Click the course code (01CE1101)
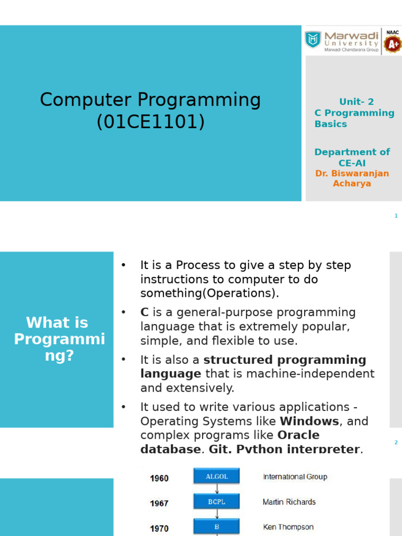(x=151, y=121)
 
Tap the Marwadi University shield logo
(x=313, y=39)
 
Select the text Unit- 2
(x=356, y=102)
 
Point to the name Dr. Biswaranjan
(x=352, y=173)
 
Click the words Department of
(x=352, y=152)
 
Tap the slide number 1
(x=396, y=216)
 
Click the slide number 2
(x=396, y=443)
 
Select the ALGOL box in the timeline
(x=217, y=476)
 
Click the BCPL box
(x=217, y=502)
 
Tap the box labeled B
(x=217, y=527)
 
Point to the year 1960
(x=159, y=478)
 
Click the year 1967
(x=159, y=503)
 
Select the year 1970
(x=159, y=528)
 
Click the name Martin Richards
(x=289, y=502)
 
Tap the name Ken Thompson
(x=288, y=527)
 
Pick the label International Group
(x=295, y=476)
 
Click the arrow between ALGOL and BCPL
(x=217, y=489)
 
